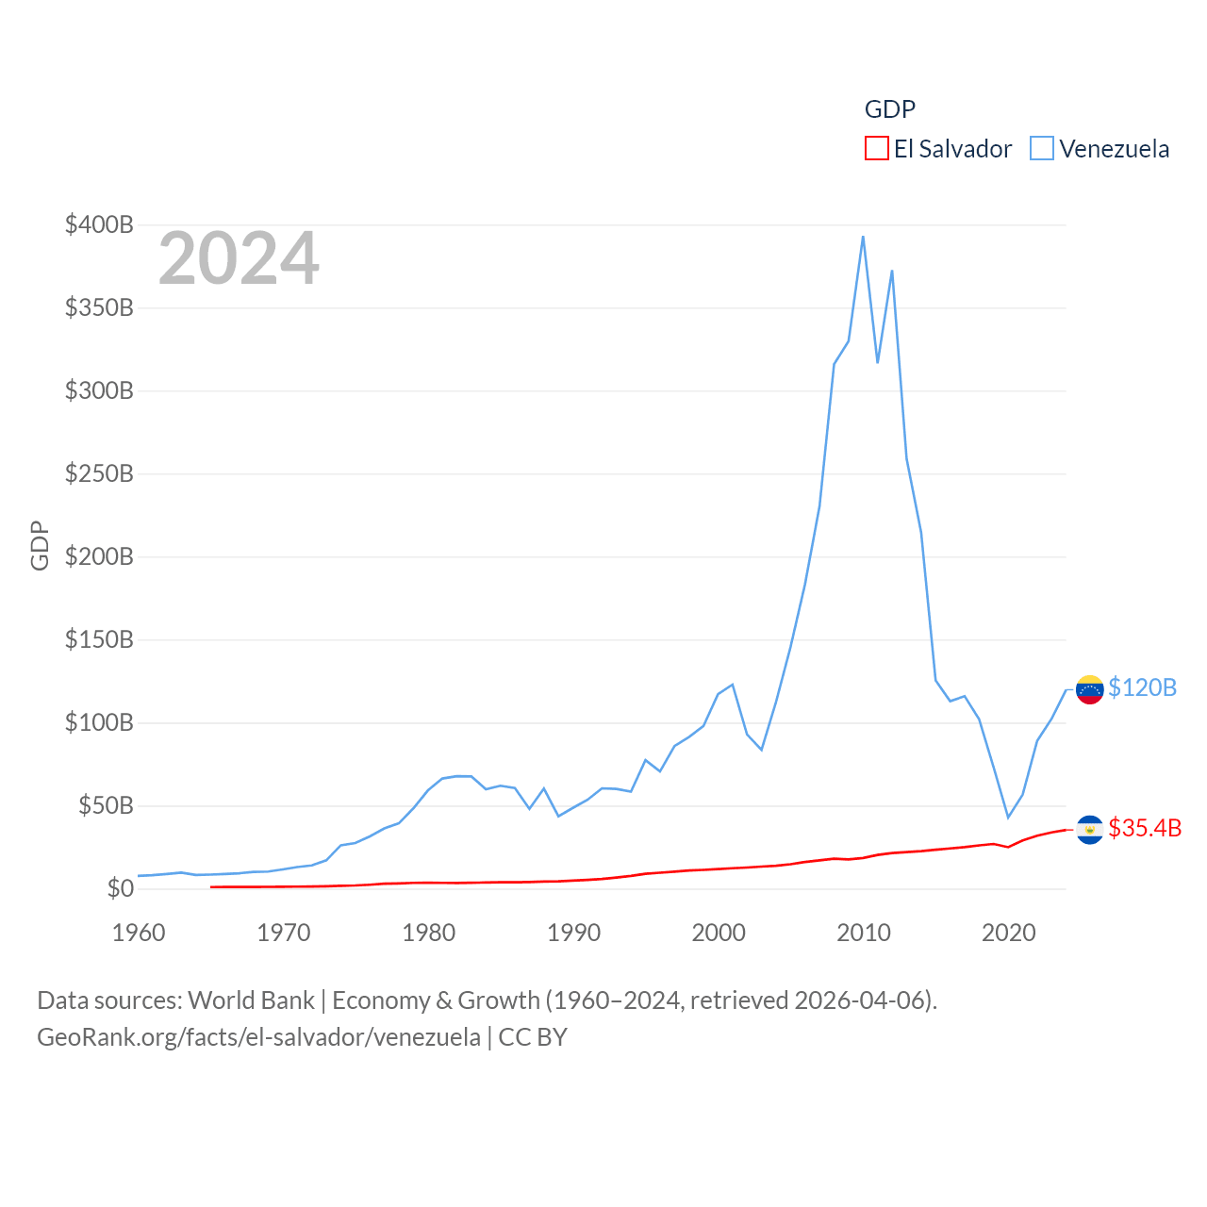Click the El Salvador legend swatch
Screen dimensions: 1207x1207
pos(877,149)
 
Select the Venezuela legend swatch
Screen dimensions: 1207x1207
pos(1042,149)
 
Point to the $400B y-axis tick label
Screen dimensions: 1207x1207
pos(99,224)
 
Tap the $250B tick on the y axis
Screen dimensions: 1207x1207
pos(99,473)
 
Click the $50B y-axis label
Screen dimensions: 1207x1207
pos(106,805)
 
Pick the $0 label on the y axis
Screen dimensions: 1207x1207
pos(121,888)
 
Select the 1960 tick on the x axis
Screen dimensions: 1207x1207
pos(139,933)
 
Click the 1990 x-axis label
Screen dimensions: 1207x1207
pos(573,933)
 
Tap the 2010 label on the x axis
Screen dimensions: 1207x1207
pos(864,933)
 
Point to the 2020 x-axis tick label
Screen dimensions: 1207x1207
pos(1009,933)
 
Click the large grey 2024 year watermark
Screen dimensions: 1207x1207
pos(239,258)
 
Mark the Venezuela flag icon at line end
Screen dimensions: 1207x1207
pos(1090,689)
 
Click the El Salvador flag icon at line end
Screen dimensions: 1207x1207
pos(1090,830)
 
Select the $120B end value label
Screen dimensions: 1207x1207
pos(1142,687)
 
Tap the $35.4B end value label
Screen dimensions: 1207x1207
pos(1145,828)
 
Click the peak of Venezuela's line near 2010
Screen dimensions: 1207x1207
pos(863,237)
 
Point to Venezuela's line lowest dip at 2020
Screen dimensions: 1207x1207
pos(1008,817)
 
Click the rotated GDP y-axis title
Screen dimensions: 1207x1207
pos(40,545)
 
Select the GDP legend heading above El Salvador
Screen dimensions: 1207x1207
pos(890,109)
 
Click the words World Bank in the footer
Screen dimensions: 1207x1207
pos(251,1000)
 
